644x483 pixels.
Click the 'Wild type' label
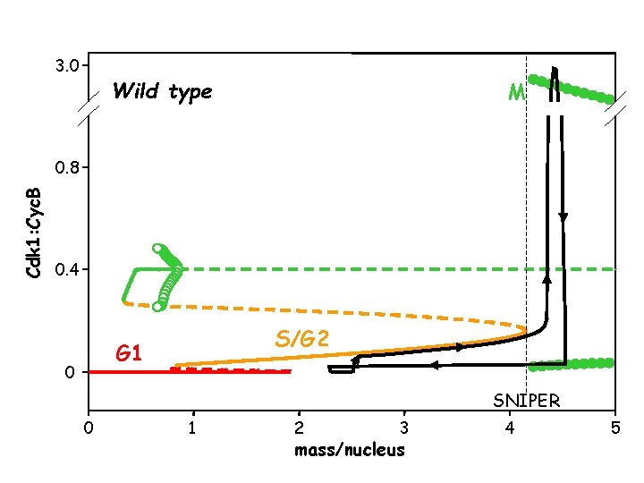[x=162, y=91]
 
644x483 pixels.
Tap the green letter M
[x=516, y=92]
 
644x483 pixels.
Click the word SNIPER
[x=527, y=400]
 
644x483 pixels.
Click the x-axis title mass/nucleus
[x=350, y=450]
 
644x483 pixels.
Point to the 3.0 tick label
[x=68, y=65]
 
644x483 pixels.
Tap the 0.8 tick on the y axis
[x=68, y=167]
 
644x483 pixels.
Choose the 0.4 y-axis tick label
[x=68, y=269]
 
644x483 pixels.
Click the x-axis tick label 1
[x=192, y=428]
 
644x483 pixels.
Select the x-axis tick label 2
[x=299, y=428]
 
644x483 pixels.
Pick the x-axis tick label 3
[x=404, y=428]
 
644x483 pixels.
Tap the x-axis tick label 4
[x=510, y=428]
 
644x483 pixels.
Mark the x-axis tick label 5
[x=615, y=428]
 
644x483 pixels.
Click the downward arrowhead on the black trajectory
[x=563, y=217]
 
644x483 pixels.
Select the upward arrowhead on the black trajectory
[x=547, y=278]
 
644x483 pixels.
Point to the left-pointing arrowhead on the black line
[x=434, y=365]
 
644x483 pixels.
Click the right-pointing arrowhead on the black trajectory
[x=460, y=347]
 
